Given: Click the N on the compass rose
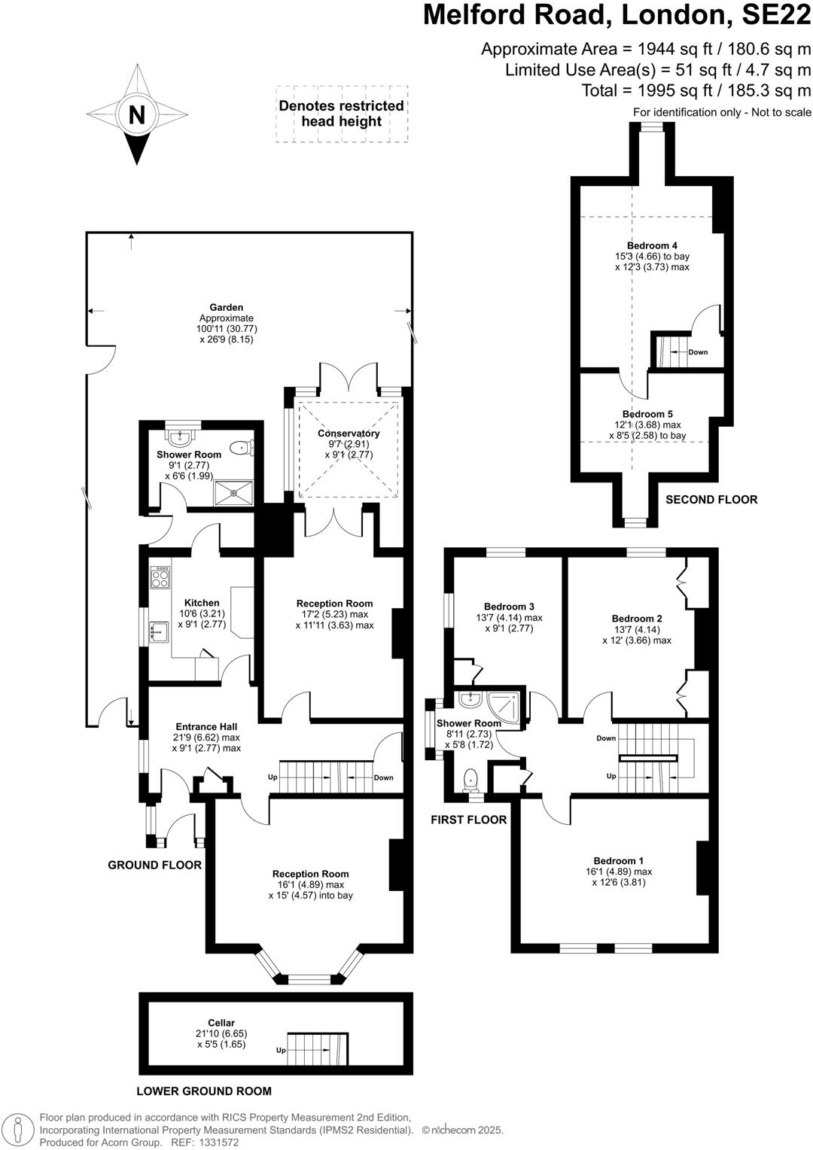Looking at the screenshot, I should pos(136,115).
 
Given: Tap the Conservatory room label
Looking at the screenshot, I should pos(349,434).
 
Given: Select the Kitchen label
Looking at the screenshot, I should pos(202,603).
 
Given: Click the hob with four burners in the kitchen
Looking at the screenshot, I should pos(160,577).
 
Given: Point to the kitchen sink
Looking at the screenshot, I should pos(160,631).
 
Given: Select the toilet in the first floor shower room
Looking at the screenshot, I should pos(471,778).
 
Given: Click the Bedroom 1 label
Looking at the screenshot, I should pos(618,861).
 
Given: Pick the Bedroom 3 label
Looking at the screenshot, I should pos(509,607).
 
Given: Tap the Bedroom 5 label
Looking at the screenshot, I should pos(647,414).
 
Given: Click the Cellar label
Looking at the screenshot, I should pos(221,1023).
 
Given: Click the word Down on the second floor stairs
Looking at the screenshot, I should pos(698,352).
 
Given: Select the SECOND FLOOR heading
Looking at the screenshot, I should pos(711,500).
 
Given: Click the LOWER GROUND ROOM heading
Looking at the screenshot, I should pos(204,1091).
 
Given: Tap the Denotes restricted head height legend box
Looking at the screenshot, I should pos(342,114).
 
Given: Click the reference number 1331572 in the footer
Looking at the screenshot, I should pos(218,1142).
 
